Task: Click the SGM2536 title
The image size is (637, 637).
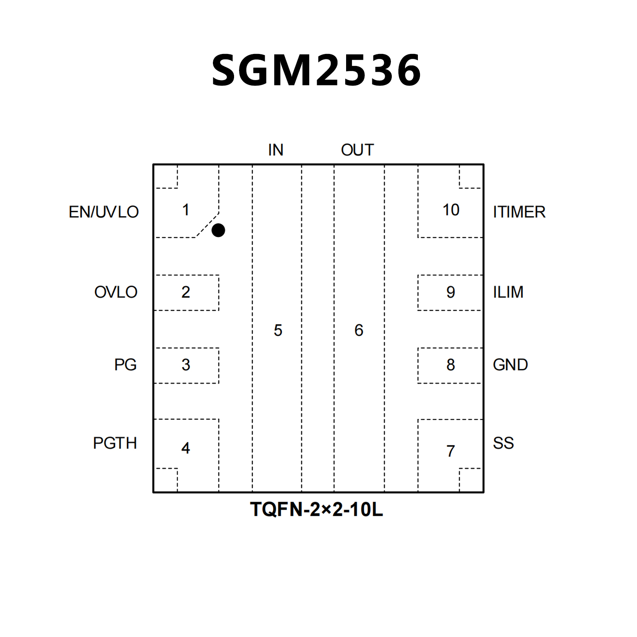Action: [316, 70]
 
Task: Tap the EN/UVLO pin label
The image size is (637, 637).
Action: [104, 212]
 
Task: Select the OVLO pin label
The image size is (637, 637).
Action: [116, 292]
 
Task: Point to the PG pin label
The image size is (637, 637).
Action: [125, 365]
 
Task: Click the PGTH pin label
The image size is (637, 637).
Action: [115, 443]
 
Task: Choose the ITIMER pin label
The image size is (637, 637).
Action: [519, 212]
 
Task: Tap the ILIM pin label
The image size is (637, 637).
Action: [508, 292]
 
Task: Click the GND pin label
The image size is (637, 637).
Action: [510, 365]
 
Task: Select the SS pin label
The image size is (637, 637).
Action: [503, 443]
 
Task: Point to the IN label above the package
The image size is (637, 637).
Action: [276, 150]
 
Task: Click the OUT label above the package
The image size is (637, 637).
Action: [357, 150]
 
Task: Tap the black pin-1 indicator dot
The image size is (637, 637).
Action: [218, 230]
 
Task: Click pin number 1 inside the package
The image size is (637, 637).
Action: [186, 210]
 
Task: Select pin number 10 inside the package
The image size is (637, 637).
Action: [451, 210]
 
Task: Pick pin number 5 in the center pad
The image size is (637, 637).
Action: [278, 330]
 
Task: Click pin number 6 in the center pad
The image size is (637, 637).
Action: [359, 330]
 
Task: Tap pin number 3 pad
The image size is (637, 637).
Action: [186, 365]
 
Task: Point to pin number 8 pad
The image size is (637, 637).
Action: [451, 365]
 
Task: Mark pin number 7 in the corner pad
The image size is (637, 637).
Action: [451, 451]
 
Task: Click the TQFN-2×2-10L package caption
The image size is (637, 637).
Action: [316, 509]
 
